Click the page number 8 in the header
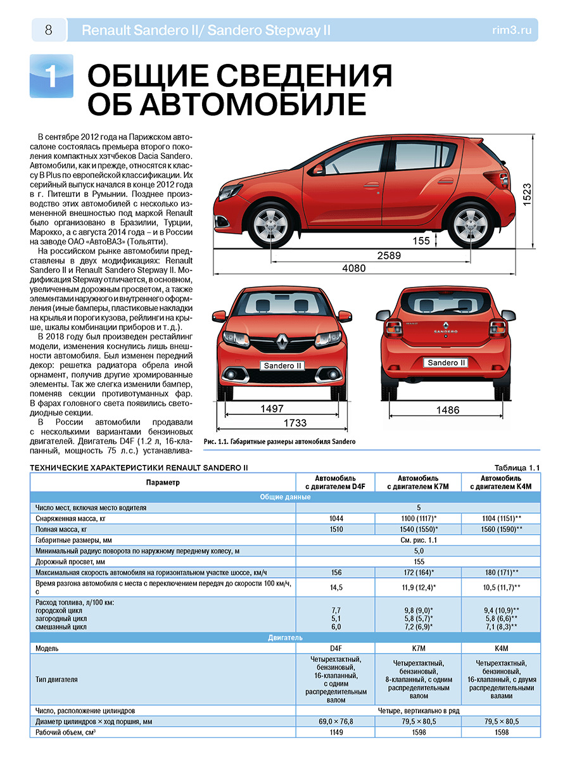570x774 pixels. pyautogui.click(x=48, y=29)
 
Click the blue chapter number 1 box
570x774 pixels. pyautogui.click(x=51, y=77)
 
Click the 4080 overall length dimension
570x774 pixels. pyautogui.click(x=354, y=269)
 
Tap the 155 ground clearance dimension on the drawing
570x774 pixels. pyautogui.click(x=421, y=241)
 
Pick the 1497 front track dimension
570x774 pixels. pyautogui.click(x=272, y=409)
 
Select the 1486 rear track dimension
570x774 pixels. pyautogui.click(x=448, y=410)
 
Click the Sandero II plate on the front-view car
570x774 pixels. pyautogui.click(x=282, y=365)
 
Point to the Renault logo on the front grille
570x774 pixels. pyautogui.click(x=282, y=343)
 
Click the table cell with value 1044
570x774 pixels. pyautogui.click(x=336, y=518)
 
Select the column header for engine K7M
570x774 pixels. pyautogui.click(x=418, y=482)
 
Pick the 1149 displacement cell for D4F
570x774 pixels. pyautogui.click(x=336, y=733)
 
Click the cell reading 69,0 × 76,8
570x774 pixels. pyautogui.click(x=336, y=721)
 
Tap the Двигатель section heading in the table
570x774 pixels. pyautogui.click(x=285, y=637)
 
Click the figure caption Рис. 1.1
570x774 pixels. pyautogui.click(x=280, y=441)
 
